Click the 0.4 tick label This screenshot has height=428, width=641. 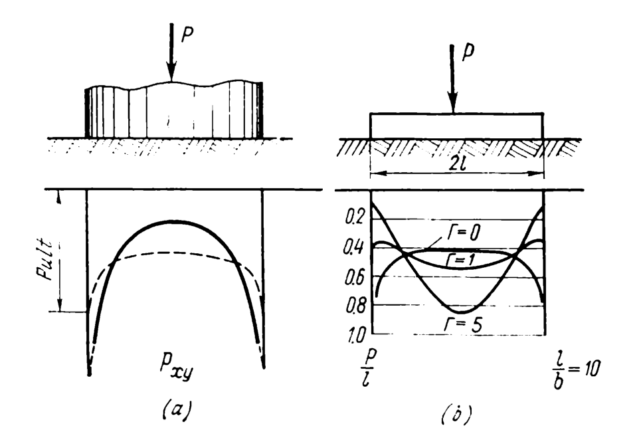click(x=355, y=247)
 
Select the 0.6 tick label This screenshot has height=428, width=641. click(x=355, y=275)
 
